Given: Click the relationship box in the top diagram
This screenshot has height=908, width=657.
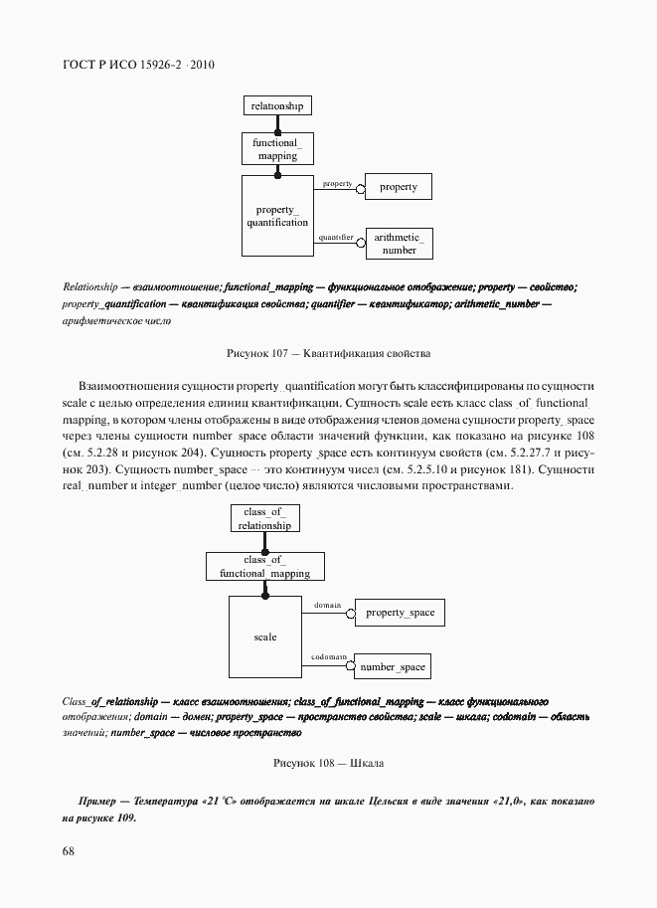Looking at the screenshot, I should (x=277, y=105).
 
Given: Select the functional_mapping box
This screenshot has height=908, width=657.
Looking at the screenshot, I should (x=277, y=149).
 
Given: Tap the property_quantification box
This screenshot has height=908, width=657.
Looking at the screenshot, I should (x=277, y=216).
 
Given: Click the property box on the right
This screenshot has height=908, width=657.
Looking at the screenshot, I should (x=399, y=187).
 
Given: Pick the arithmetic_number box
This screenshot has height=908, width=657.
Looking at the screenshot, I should (x=400, y=244).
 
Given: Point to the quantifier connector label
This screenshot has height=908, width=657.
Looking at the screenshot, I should (x=336, y=238).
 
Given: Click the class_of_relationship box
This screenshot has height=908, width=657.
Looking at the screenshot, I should (x=264, y=518).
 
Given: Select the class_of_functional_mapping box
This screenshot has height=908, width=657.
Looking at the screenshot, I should (x=264, y=567).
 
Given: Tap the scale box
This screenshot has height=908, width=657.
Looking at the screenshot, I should (x=264, y=636).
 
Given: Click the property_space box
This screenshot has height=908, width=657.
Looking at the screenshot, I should (x=400, y=613).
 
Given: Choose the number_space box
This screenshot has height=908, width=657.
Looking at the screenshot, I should (x=392, y=667).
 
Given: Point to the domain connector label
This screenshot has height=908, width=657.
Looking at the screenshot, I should (x=327, y=605).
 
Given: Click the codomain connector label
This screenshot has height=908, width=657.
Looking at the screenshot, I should (x=328, y=657).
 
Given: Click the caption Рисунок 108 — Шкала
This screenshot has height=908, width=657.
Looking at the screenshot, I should (x=328, y=763).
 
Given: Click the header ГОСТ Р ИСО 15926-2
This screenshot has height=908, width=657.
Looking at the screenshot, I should (x=138, y=65).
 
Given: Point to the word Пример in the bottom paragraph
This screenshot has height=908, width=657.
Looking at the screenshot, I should (x=98, y=801).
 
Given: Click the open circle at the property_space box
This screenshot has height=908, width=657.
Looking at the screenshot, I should (x=350, y=614).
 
